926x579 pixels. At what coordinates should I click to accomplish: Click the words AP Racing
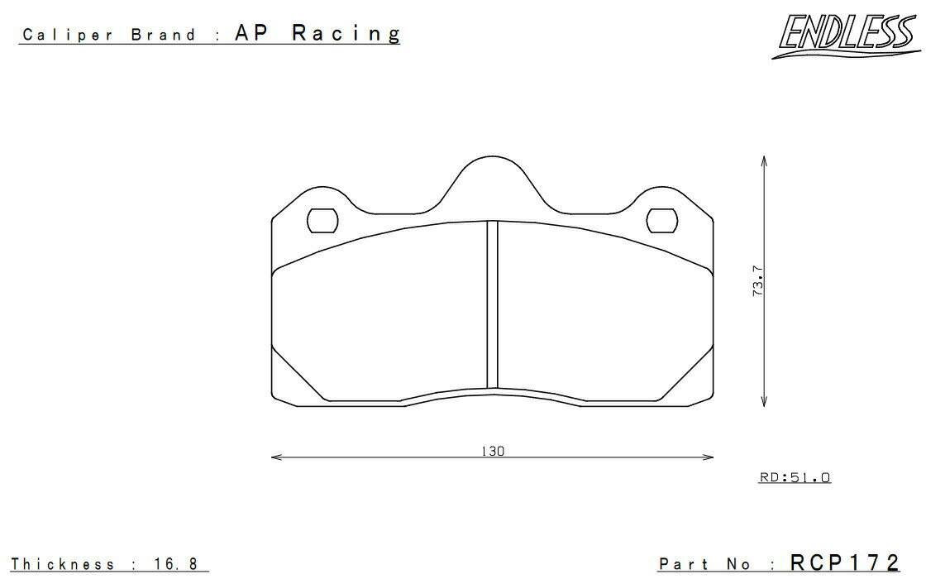tap(317, 33)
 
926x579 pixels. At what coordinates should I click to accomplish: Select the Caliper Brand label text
tap(108, 35)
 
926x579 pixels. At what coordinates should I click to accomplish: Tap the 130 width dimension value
tap(493, 452)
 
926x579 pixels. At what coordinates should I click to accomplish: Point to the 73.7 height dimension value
tap(758, 280)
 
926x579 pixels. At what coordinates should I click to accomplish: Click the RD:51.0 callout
tap(795, 476)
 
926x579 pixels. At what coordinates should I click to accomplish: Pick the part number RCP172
tap(844, 562)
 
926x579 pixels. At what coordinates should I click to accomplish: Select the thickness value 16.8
tap(176, 563)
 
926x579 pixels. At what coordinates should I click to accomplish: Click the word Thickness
tap(63, 563)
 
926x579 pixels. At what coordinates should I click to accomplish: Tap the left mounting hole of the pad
tap(323, 221)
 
